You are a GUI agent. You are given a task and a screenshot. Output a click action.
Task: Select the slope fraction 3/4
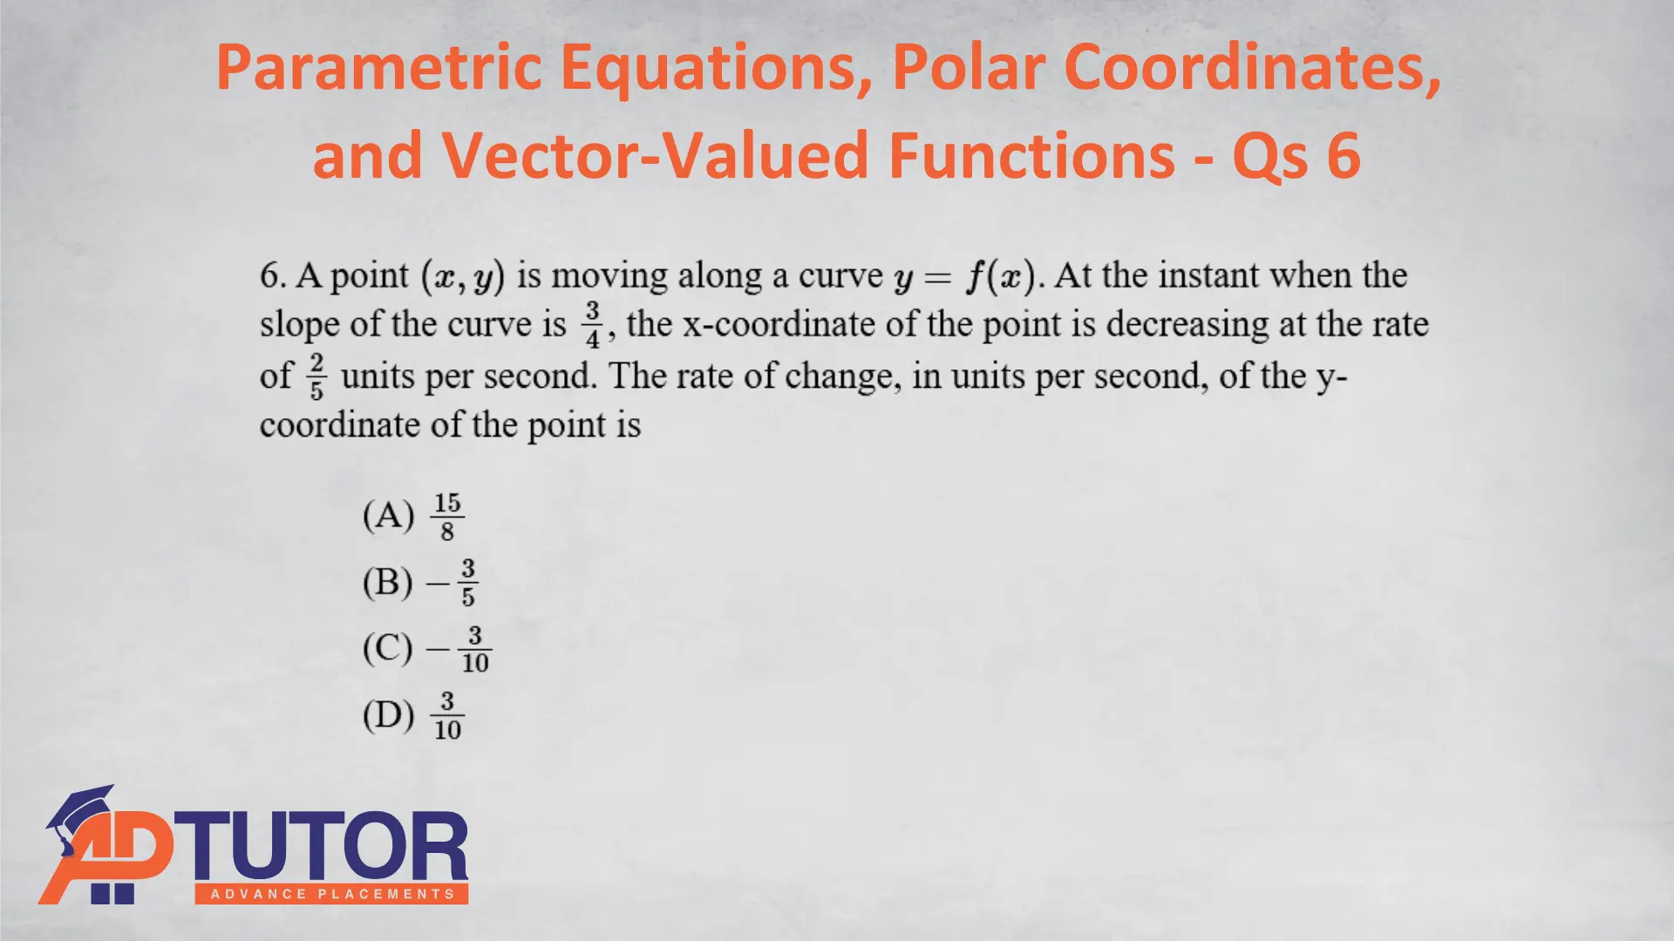tap(593, 325)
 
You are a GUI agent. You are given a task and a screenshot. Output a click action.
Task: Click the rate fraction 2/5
tap(316, 376)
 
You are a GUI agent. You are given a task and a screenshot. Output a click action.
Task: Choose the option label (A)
tap(388, 515)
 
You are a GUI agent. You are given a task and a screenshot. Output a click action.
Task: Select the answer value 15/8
tap(447, 517)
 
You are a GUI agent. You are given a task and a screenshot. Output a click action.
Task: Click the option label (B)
tap(387, 581)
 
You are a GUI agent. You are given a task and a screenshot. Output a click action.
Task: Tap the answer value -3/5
tap(452, 583)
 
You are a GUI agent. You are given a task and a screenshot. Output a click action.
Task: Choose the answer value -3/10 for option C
tap(459, 649)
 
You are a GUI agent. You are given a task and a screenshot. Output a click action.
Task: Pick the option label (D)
tap(388, 715)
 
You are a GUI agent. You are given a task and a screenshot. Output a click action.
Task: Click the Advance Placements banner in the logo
tap(332, 894)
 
